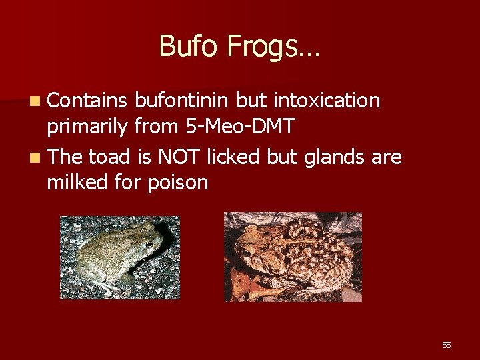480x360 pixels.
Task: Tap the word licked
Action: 235,157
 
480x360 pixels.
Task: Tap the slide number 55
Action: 446,345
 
